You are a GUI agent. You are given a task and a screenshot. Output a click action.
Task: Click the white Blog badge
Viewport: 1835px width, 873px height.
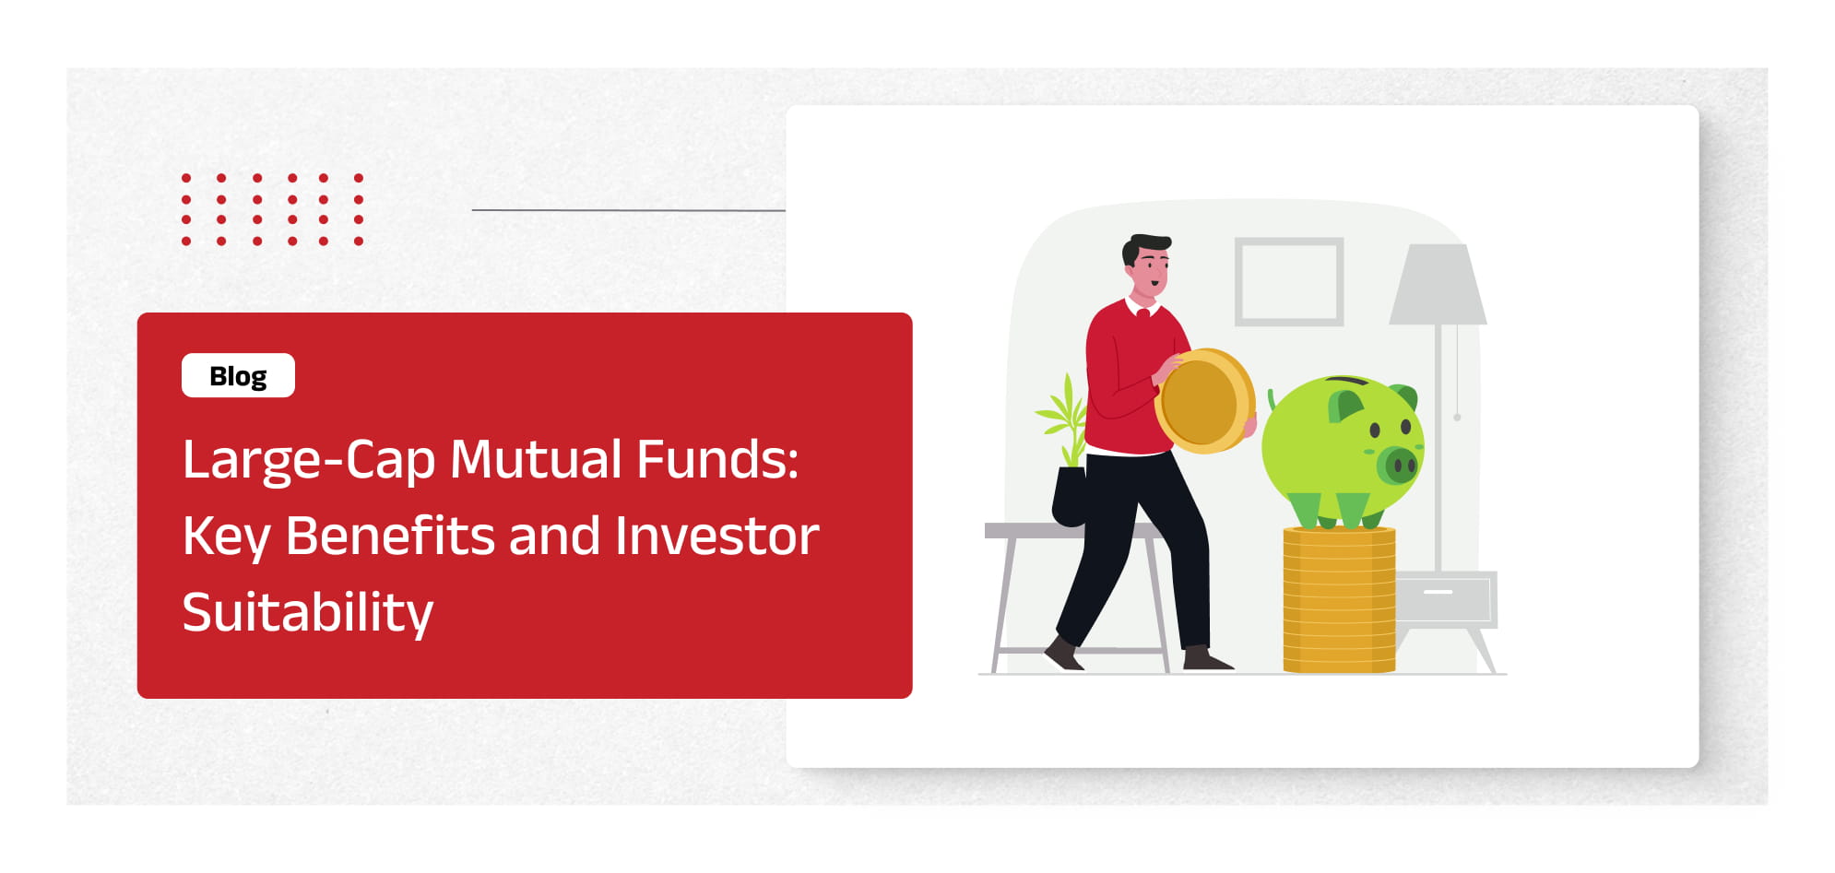tap(238, 375)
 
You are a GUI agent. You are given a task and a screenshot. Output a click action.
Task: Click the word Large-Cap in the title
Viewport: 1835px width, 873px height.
tap(308, 459)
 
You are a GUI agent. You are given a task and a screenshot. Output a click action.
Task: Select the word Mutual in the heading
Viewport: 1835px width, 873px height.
tap(536, 459)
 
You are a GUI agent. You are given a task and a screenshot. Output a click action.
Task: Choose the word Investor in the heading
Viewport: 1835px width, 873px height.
tap(716, 536)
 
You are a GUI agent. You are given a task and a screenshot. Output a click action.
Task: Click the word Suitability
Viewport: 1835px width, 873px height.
tap(307, 612)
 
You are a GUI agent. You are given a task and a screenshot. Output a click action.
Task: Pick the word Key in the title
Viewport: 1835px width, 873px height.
tap(225, 537)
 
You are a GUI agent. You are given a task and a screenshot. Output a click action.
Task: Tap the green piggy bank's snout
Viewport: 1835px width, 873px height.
tap(1398, 465)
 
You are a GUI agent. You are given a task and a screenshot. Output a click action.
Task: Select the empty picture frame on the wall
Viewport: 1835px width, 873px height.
tap(1288, 281)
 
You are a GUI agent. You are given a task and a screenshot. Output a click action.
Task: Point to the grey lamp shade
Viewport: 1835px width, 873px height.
tap(1437, 285)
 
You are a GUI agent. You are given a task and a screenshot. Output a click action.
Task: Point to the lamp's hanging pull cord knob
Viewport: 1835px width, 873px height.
tap(1457, 418)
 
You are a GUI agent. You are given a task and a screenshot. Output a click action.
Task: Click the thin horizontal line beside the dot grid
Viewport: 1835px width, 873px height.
tap(627, 210)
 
